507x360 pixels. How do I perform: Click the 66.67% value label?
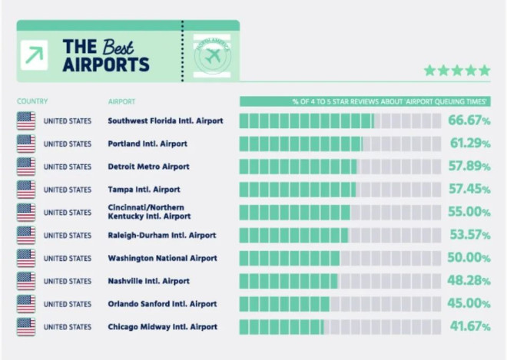(x=469, y=121)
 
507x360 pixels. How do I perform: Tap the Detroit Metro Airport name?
(x=148, y=167)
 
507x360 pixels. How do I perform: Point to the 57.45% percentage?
(x=469, y=189)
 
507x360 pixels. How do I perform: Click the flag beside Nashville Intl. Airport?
(x=26, y=281)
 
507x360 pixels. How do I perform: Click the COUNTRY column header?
(x=32, y=101)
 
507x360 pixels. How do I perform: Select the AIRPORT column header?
(x=122, y=101)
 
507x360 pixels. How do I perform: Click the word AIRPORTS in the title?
(x=105, y=64)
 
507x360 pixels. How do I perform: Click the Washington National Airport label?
(x=162, y=259)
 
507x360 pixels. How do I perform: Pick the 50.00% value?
(x=469, y=258)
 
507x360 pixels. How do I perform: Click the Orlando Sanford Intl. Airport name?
(x=162, y=304)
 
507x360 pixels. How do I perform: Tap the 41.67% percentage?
(x=469, y=327)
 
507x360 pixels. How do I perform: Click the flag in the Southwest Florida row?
(x=26, y=121)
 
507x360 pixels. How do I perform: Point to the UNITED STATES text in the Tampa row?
(x=67, y=190)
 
